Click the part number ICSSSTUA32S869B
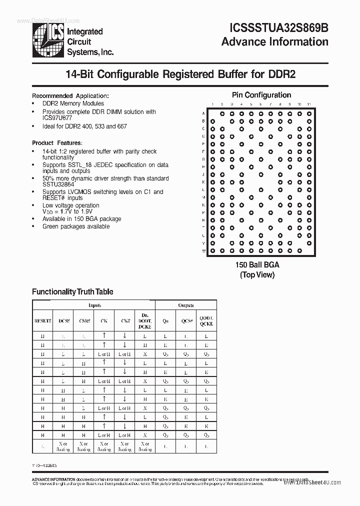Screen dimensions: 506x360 (x=274, y=28)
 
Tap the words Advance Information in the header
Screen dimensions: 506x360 (x=274, y=41)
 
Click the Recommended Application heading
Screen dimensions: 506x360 (x=70, y=96)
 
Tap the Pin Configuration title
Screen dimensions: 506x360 (x=261, y=95)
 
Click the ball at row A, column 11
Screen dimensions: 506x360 (x=309, y=113)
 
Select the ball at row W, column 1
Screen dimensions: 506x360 (x=212, y=250)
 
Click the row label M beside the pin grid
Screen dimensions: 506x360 (x=203, y=197)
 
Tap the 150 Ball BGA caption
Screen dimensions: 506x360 (x=257, y=265)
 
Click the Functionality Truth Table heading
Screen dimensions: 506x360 (x=72, y=291)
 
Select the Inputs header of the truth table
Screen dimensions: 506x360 (x=94, y=305)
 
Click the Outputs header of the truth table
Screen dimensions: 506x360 (x=186, y=305)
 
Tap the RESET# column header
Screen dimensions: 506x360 (x=42, y=320)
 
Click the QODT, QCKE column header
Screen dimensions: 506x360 (x=206, y=320)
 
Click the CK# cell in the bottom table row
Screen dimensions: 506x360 (x=124, y=446)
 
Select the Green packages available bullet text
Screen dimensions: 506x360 (x=76, y=226)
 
